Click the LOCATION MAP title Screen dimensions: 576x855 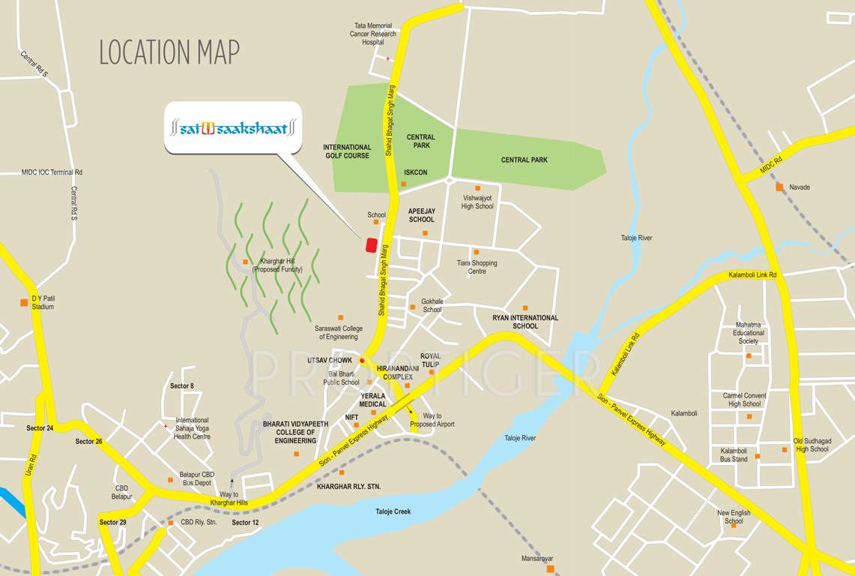(169, 52)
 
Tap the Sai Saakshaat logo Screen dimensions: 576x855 (233, 128)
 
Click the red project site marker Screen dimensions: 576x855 (370, 245)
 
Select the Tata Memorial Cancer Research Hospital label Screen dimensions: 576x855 (373, 34)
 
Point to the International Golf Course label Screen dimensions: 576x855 (347, 151)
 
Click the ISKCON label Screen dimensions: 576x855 (416, 172)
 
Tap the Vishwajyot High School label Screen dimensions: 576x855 (477, 202)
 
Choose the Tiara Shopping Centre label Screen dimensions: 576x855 (477, 267)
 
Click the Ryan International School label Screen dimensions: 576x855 (525, 322)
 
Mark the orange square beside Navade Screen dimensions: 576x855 (779, 187)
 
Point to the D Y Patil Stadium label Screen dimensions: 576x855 (43, 302)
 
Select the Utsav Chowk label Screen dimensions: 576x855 (329, 360)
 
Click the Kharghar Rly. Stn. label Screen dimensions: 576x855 (349, 487)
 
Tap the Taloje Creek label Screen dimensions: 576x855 (393, 511)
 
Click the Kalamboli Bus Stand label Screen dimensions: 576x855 (734, 454)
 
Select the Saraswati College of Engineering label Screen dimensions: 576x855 (339, 333)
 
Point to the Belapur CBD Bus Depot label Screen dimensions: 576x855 (197, 478)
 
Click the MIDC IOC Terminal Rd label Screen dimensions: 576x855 (52, 172)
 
